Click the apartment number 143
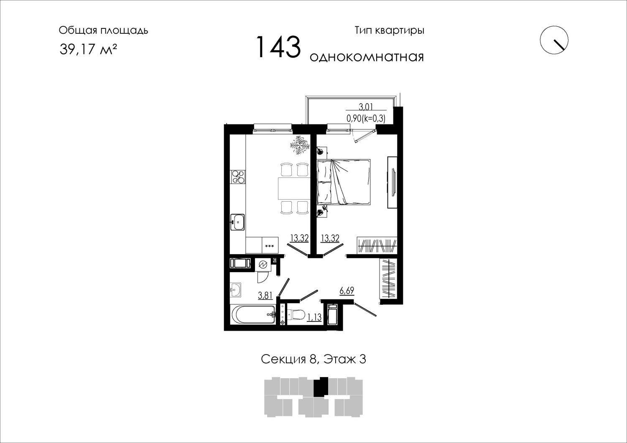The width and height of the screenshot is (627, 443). (x=278, y=47)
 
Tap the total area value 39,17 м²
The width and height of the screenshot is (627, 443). (x=88, y=50)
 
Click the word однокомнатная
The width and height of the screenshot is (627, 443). (x=367, y=57)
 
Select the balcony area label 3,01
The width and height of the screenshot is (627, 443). (x=366, y=106)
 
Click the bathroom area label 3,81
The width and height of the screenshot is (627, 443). (x=265, y=296)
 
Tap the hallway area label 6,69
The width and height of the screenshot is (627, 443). (x=347, y=291)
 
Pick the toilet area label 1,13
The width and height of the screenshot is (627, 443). (x=314, y=317)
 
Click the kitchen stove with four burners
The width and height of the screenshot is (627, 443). (x=238, y=177)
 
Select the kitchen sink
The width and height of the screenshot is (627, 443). (x=238, y=222)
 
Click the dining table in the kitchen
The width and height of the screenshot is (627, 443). (x=294, y=188)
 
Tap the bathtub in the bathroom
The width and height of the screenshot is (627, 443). (x=253, y=315)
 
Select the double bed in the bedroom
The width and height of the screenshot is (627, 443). (x=344, y=182)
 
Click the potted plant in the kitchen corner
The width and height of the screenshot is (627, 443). (x=300, y=145)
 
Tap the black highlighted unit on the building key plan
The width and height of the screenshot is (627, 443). (x=321, y=387)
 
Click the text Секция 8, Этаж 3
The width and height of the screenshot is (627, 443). (x=313, y=359)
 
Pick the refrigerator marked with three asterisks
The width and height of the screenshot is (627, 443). (x=270, y=245)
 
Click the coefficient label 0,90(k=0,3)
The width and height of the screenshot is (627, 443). (x=366, y=119)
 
